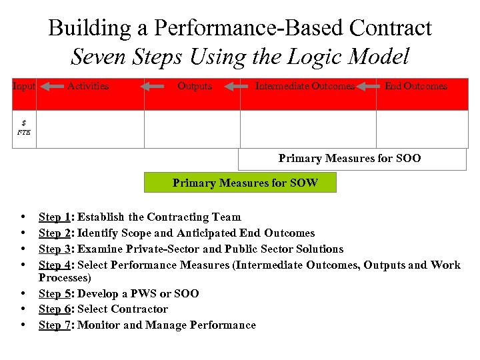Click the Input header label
pyautogui.click(x=23, y=86)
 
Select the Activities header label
pyautogui.click(x=88, y=86)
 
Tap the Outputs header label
pyautogui.click(x=195, y=86)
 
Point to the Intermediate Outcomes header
pyautogui.click(x=305, y=86)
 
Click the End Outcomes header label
pyautogui.click(x=416, y=86)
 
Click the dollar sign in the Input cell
pyautogui.click(x=24, y=123)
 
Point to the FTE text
pyautogui.click(x=24, y=132)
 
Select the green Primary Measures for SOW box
pyautogui.click(x=245, y=183)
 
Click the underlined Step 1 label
pyautogui.click(x=56, y=217)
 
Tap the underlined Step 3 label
pyautogui.click(x=56, y=249)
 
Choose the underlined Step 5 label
pyautogui.click(x=56, y=294)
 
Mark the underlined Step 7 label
pyautogui.click(x=56, y=325)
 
